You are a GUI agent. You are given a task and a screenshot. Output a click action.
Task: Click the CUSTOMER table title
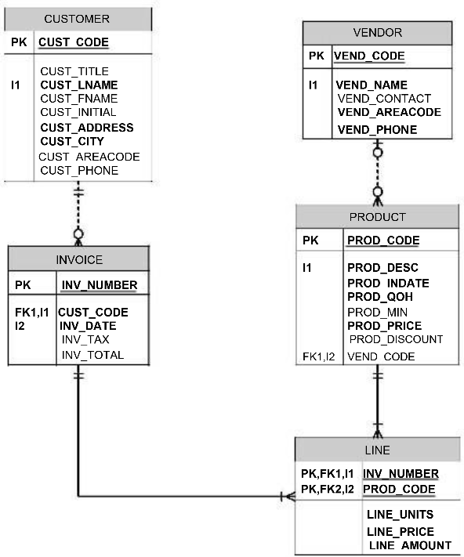tap(77, 18)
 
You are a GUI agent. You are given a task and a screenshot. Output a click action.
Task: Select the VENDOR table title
tap(377, 32)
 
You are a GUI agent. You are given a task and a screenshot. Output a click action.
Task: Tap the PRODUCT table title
tap(377, 217)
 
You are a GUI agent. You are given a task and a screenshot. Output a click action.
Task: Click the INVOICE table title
tap(78, 259)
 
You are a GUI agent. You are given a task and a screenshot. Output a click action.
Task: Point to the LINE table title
tap(377, 450)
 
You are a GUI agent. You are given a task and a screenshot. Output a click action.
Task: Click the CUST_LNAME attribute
tap(79, 85)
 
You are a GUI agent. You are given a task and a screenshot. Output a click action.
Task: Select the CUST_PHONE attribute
tap(79, 170)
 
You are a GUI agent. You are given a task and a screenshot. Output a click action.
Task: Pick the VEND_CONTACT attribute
tap(384, 98)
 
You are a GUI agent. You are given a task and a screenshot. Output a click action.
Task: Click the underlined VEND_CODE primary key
tap(369, 56)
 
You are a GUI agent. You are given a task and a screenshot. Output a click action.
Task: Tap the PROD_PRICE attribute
tap(384, 325)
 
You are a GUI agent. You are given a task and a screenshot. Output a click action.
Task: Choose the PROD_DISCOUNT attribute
tap(396, 339)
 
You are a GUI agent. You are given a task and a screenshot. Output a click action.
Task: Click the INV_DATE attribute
tap(88, 325)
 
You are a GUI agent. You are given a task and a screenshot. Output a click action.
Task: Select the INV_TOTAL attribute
tap(92, 355)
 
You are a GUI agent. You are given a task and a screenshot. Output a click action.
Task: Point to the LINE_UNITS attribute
tap(400, 515)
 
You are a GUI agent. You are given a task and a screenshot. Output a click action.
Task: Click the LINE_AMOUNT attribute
tap(409, 545)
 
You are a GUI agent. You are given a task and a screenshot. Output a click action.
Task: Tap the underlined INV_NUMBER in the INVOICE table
tap(99, 284)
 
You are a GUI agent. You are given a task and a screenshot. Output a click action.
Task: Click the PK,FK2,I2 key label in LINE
tap(328, 489)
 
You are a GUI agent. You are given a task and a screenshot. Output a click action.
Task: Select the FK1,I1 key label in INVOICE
tap(31, 312)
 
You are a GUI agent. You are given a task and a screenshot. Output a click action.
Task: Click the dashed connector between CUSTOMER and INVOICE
tap(78, 208)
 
